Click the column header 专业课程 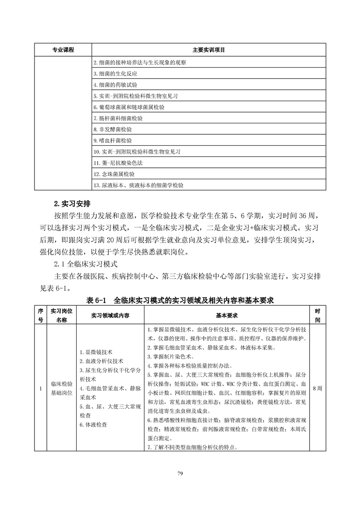coord(63,49)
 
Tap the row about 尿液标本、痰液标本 coord(138,185)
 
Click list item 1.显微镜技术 coord(96,352)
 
